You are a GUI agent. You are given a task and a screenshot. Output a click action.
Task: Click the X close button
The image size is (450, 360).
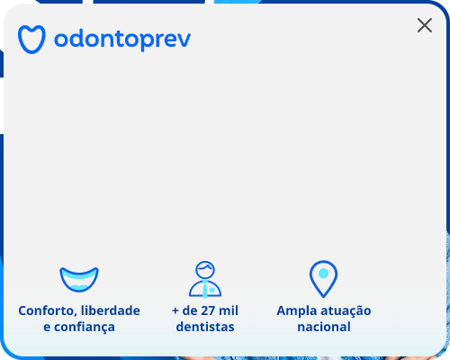pos(425,25)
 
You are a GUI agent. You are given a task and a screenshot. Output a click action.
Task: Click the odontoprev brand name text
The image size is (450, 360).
pos(122,39)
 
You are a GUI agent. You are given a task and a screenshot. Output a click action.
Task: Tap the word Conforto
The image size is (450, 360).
pos(48,311)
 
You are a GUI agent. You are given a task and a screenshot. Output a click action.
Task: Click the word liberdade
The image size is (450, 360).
pos(111,310)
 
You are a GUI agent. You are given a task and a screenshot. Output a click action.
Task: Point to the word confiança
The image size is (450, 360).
pos(85,328)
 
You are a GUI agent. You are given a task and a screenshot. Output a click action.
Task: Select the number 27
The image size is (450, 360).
pos(207,310)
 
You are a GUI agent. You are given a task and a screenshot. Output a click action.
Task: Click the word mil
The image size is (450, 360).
pos(229,310)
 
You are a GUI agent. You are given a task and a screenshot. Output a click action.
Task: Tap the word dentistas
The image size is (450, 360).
pos(205,327)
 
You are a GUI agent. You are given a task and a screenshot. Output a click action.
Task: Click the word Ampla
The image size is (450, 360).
pos(296,311)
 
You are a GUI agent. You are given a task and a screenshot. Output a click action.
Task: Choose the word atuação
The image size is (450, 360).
pos(346,310)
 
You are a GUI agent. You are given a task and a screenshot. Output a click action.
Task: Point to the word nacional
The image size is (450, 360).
pos(324,327)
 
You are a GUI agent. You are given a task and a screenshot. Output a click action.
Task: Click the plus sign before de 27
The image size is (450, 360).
pos(175,311)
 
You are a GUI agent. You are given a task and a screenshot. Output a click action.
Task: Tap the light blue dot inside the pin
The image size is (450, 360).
pos(323,274)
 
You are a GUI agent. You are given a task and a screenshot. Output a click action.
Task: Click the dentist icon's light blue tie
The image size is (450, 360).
pos(205,290)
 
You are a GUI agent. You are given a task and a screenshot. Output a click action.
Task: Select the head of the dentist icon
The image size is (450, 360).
pos(205,270)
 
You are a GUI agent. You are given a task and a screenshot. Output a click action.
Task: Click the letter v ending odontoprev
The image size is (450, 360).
pos(184,40)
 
